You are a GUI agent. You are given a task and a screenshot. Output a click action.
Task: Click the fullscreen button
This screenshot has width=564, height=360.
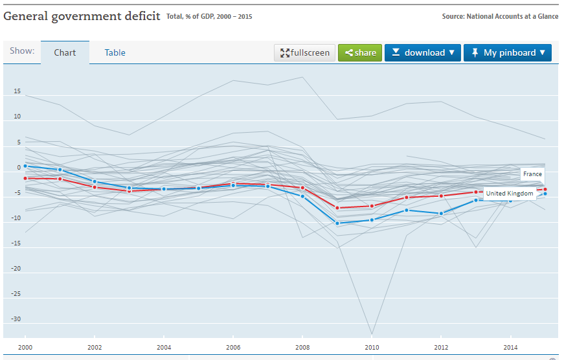pos(304,53)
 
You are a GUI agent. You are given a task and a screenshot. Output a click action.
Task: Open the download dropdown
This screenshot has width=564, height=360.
pos(422,53)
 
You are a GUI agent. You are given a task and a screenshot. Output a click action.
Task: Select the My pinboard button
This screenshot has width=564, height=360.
pos(507,53)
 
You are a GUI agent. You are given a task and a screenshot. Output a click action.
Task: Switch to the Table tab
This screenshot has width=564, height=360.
pos(115,53)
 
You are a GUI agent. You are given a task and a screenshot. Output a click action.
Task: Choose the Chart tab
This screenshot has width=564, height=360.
pos(65,53)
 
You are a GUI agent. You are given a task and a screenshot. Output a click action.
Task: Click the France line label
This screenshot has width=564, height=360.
pos(532,174)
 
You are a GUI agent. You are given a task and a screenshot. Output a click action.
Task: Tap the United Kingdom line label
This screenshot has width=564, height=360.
pos(510,194)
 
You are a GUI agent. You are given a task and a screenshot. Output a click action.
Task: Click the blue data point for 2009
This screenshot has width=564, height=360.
pos(337,223)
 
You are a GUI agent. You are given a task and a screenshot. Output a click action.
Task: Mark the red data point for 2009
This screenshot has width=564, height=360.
pos(337,208)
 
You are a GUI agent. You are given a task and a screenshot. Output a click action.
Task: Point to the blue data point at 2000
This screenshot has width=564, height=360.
pos(26,166)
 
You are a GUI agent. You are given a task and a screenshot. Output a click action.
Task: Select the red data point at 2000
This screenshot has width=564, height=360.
pos(26,178)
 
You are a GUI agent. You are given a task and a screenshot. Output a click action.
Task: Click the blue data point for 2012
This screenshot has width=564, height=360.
pos(441,214)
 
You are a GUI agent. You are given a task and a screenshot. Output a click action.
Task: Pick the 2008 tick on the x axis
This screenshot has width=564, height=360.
pos(302,347)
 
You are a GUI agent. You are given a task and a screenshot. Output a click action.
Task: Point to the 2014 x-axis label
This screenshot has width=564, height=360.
pos(510,347)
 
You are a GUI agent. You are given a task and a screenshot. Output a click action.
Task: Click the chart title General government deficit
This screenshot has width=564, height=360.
pos(82,16)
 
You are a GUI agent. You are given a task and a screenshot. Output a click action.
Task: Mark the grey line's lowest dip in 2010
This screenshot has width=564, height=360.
pos(372,334)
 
